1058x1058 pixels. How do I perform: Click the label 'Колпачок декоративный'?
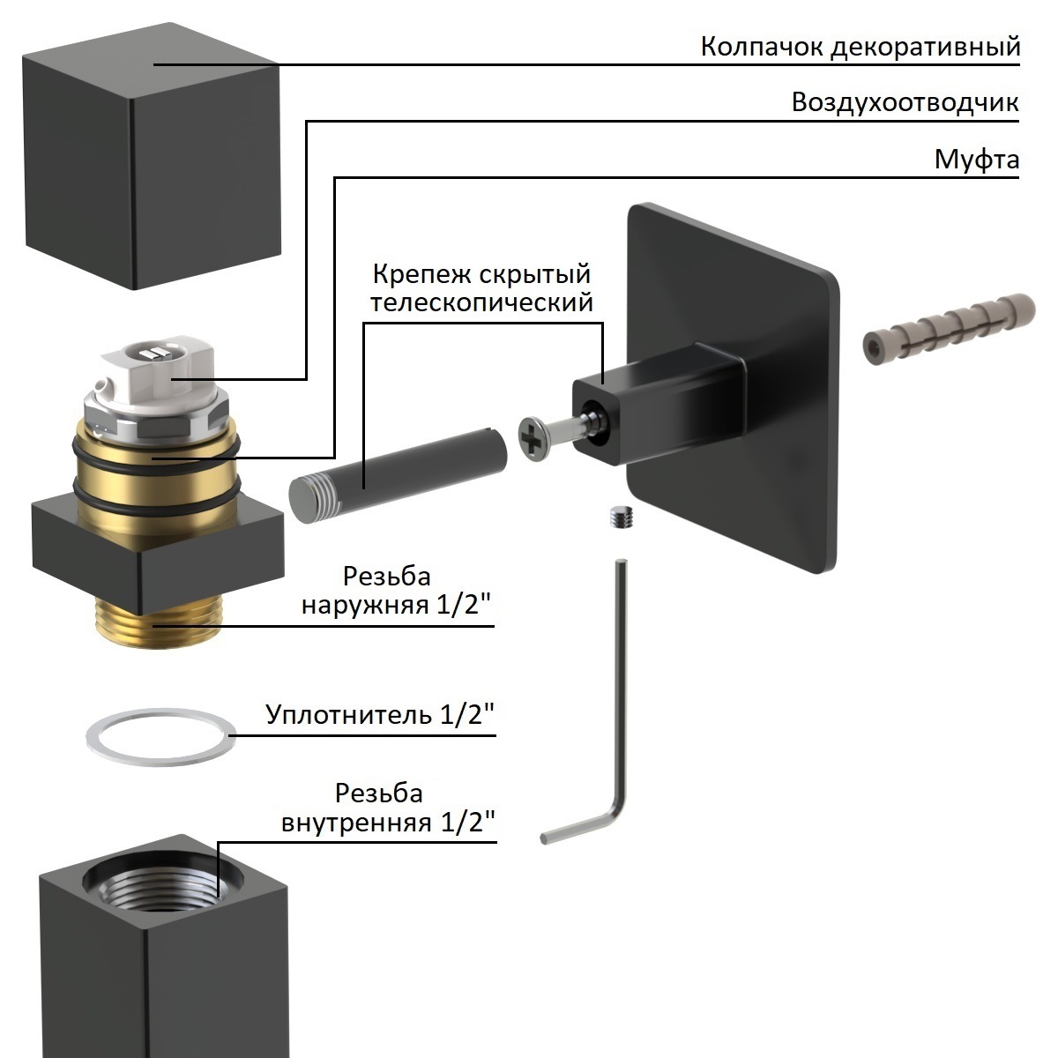point(860,46)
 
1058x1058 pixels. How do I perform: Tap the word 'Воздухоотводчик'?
point(905,102)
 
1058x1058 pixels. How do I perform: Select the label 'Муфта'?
point(976,160)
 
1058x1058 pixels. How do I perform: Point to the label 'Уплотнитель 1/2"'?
point(380,714)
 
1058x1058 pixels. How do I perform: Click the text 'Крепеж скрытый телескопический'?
point(481,288)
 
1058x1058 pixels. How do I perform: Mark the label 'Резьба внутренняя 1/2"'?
point(388,808)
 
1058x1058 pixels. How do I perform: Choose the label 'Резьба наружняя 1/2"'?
point(397,592)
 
